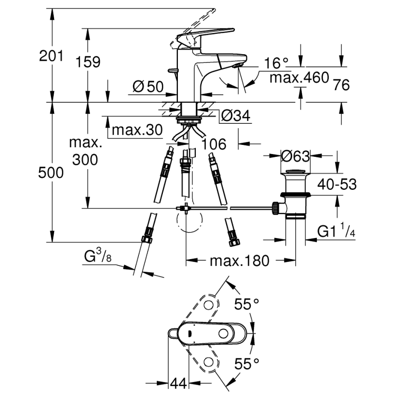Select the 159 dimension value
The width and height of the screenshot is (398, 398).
(88, 62)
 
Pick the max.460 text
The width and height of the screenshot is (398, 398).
(299, 77)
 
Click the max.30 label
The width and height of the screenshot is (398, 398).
(137, 131)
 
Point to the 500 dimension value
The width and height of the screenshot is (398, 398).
(50, 173)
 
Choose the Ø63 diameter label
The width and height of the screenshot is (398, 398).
(295, 156)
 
